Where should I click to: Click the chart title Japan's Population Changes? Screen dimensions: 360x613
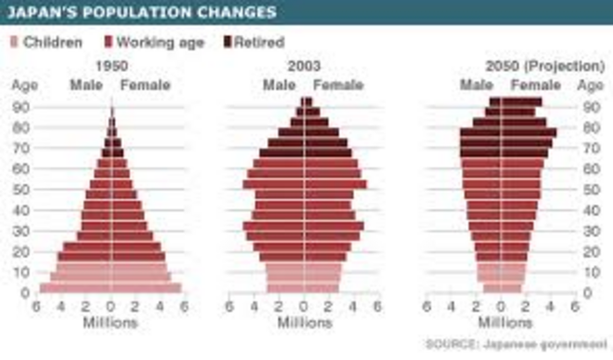coord(144,12)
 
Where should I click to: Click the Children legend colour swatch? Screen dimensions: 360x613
coord(14,41)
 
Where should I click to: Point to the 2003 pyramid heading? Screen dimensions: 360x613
coord(304,67)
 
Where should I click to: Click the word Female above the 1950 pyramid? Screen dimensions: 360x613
coord(145,85)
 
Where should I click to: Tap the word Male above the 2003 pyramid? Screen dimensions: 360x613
coord(278,85)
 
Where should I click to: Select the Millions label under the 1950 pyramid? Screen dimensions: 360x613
coord(110,323)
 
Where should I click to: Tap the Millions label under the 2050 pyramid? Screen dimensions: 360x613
coord(501,323)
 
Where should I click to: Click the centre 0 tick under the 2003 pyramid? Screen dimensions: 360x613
coord(304,307)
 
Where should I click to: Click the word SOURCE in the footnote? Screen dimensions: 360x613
coord(451,342)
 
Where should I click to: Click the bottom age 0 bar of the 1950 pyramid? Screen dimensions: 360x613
coord(111,287)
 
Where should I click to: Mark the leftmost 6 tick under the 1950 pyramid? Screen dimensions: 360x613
coord(36,307)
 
